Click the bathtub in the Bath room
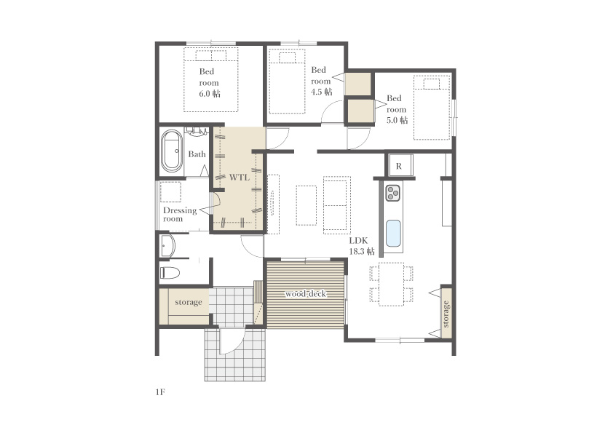point(172,151)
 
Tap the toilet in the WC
point(170,272)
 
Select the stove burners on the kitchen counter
point(392,193)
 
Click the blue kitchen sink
point(393,234)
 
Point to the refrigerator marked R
point(399,166)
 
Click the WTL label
point(239,178)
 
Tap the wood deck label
point(305,294)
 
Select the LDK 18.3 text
point(362,246)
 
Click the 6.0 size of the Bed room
point(210,94)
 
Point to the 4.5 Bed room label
point(321,81)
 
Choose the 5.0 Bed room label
point(397,109)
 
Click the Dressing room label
point(180,215)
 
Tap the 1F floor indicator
point(160,392)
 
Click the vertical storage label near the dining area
point(446,314)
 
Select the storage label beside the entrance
point(189,303)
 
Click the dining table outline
point(392,284)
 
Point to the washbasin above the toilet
point(168,246)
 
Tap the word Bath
point(197,154)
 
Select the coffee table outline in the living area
point(306,205)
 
